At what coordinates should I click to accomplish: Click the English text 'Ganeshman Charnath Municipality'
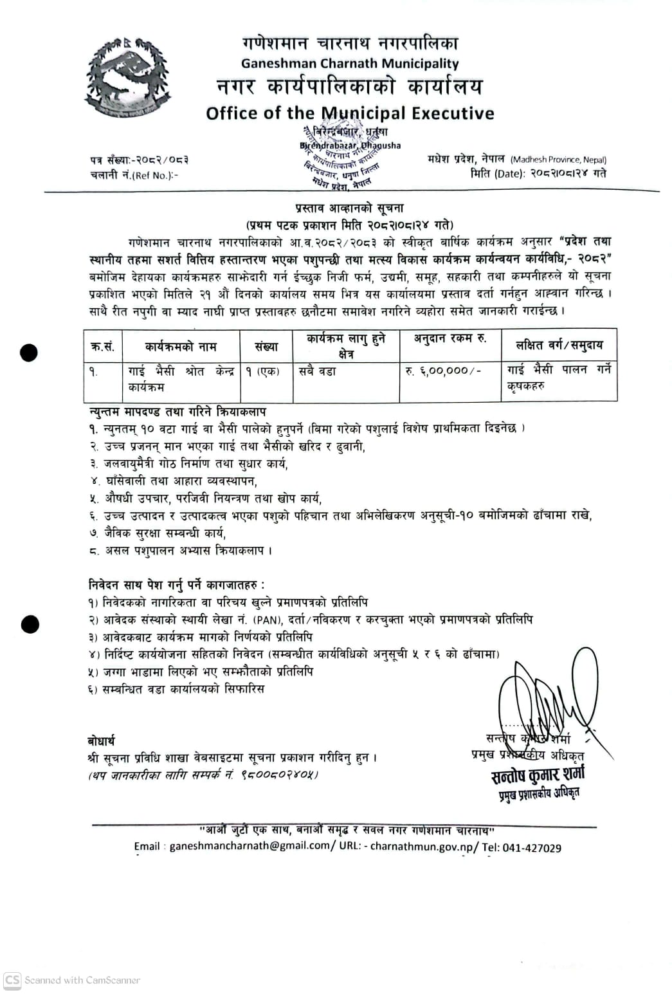[350, 64]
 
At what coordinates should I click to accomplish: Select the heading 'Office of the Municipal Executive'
[350, 113]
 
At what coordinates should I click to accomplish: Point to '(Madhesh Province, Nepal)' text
[558, 160]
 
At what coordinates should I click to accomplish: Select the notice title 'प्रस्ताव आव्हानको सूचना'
[349, 208]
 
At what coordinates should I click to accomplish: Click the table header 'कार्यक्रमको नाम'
[181, 347]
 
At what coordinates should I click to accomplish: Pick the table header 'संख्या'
[266, 347]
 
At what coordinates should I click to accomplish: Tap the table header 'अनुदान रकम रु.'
[450, 338]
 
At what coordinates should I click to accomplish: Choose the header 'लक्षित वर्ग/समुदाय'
[559, 345]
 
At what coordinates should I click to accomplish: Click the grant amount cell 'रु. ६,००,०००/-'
[443, 371]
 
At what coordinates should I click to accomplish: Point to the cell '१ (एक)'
[262, 371]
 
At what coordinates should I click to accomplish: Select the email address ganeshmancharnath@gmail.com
[250, 847]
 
